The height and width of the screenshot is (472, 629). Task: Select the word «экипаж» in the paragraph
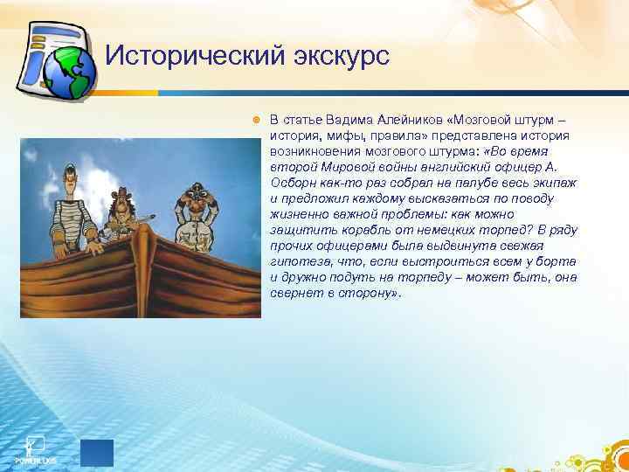point(552,183)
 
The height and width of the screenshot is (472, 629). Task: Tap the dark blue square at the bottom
point(97,454)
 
